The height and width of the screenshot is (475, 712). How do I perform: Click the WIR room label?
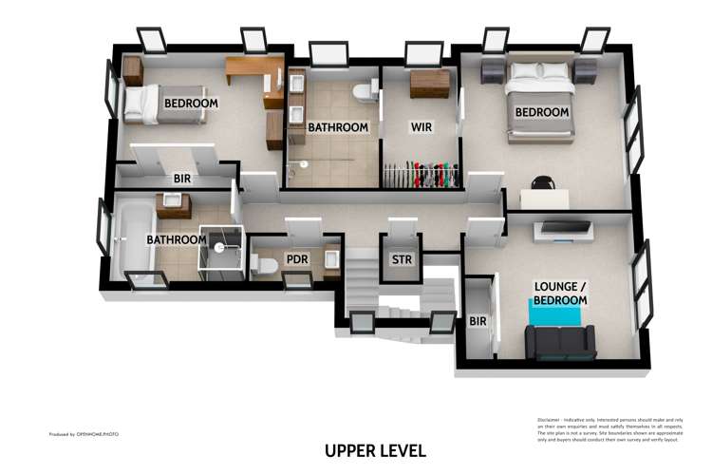[422, 126]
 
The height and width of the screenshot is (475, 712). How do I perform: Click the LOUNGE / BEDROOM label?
[560, 293]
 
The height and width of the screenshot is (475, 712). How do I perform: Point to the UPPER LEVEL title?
[375, 450]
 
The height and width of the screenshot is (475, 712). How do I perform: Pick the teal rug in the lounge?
[558, 312]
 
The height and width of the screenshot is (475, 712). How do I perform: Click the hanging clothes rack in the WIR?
[421, 177]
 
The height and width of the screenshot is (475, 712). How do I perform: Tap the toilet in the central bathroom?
[363, 93]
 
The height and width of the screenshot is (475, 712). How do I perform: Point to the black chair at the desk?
[542, 182]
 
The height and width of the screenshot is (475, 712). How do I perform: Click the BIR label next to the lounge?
[478, 321]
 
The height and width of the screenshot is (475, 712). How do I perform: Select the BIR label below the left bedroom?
[183, 178]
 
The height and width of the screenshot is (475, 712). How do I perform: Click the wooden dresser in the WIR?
[429, 84]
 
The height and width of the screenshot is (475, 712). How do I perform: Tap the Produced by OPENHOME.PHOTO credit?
[84, 434]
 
